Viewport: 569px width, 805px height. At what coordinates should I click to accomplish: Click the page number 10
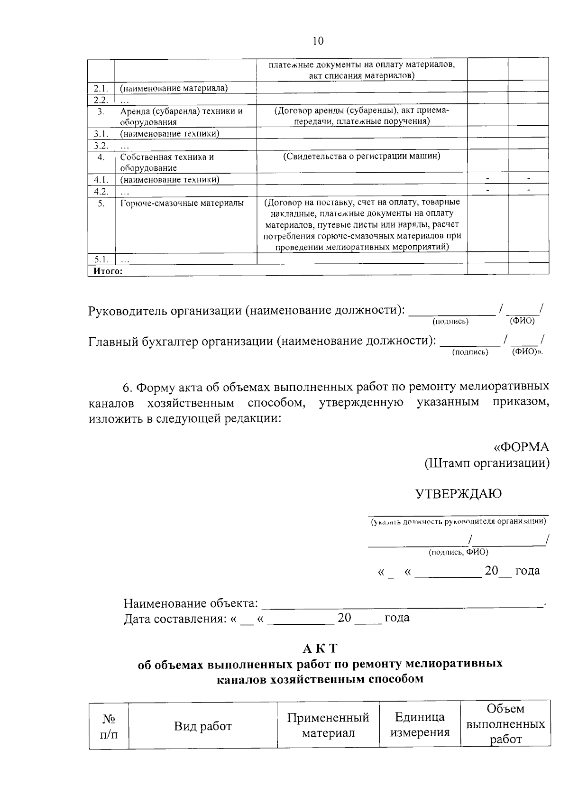(x=318, y=41)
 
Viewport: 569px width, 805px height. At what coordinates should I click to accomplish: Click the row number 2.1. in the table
(x=101, y=88)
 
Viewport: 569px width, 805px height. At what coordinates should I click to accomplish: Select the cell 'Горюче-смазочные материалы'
(x=182, y=203)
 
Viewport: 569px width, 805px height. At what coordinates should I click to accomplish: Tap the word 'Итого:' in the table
(x=108, y=271)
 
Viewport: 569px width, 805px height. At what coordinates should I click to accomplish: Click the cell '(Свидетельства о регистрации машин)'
(x=362, y=156)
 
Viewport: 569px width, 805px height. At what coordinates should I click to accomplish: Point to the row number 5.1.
(x=101, y=259)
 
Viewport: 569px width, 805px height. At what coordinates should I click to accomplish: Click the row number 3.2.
(x=101, y=145)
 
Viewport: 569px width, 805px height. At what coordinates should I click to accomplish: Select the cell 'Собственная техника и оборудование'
(x=167, y=162)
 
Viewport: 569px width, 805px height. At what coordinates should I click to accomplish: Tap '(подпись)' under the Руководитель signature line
(x=450, y=322)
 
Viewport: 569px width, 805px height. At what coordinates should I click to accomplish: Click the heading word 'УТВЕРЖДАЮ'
(x=458, y=494)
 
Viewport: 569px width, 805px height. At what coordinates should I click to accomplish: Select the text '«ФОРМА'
(x=522, y=447)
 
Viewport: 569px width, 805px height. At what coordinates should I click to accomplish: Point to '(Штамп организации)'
(x=486, y=463)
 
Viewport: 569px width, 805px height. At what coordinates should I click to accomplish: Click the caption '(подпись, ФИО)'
(x=458, y=552)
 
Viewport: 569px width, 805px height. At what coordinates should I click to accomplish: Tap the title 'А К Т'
(x=320, y=648)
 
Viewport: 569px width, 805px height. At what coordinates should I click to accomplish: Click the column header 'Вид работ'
(x=202, y=726)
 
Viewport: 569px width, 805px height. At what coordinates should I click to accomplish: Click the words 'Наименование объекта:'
(x=191, y=603)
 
